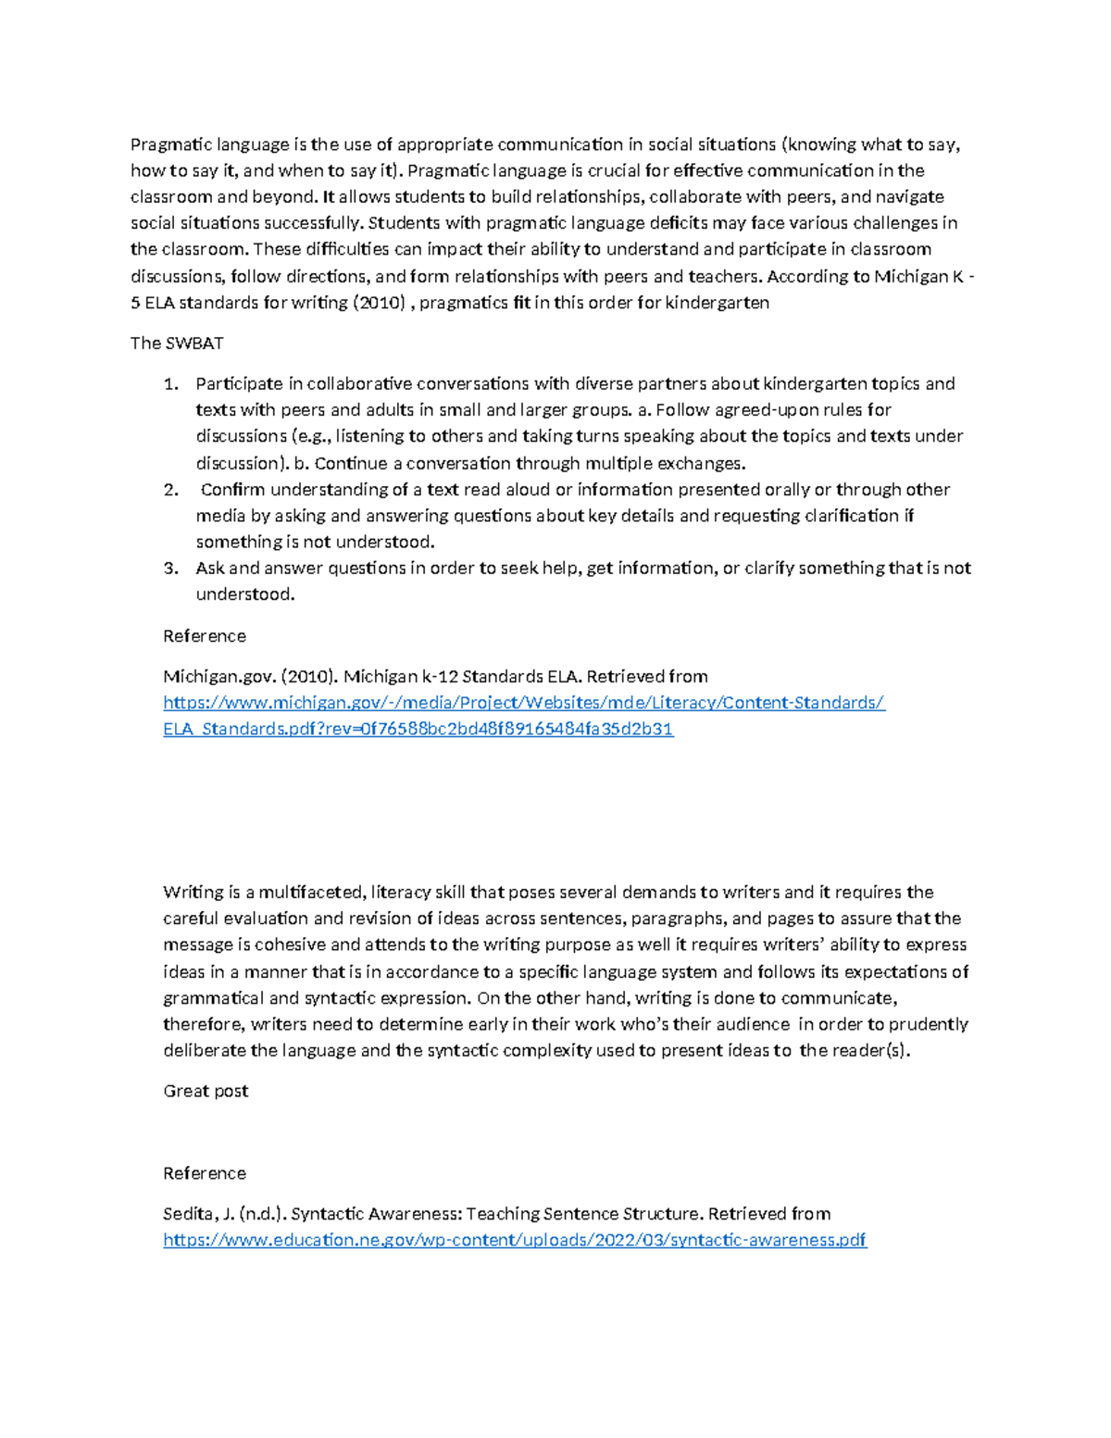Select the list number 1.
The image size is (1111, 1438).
click(169, 384)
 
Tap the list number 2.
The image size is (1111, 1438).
click(169, 490)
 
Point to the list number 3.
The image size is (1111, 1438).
click(169, 569)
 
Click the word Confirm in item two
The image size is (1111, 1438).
click(232, 490)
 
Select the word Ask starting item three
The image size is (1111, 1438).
click(210, 569)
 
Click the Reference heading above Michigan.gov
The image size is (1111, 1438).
click(205, 636)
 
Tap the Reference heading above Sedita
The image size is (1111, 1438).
click(205, 1173)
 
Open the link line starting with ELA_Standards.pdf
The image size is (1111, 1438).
click(418, 729)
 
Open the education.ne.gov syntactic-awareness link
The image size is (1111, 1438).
click(515, 1240)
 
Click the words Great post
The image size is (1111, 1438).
click(206, 1091)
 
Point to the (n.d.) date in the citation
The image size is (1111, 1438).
click(262, 1214)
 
